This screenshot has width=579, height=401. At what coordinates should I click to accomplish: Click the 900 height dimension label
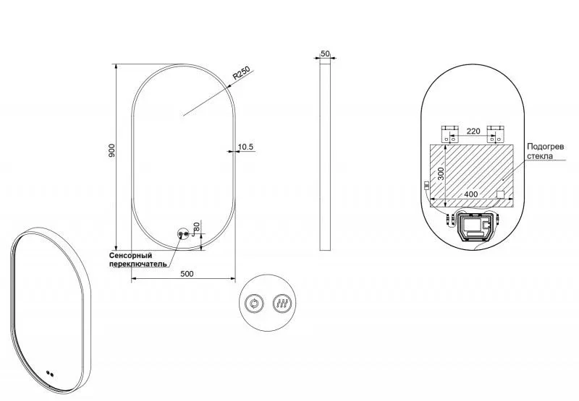(x=112, y=150)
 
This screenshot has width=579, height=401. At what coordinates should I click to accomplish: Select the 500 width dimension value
(x=187, y=274)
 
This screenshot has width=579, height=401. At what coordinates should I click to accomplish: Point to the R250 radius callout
(x=241, y=73)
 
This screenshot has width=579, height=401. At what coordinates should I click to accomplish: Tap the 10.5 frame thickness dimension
(x=245, y=147)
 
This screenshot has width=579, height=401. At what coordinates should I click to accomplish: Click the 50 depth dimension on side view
(x=325, y=53)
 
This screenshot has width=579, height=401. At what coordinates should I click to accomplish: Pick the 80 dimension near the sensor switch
(x=196, y=226)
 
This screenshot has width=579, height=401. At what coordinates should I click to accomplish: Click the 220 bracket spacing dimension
(x=473, y=131)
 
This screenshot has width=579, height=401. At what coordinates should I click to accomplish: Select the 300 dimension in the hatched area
(x=441, y=173)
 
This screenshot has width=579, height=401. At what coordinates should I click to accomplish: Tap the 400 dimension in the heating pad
(x=471, y=194)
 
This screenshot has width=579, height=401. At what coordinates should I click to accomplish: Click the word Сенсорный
(x=131, y=256)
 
